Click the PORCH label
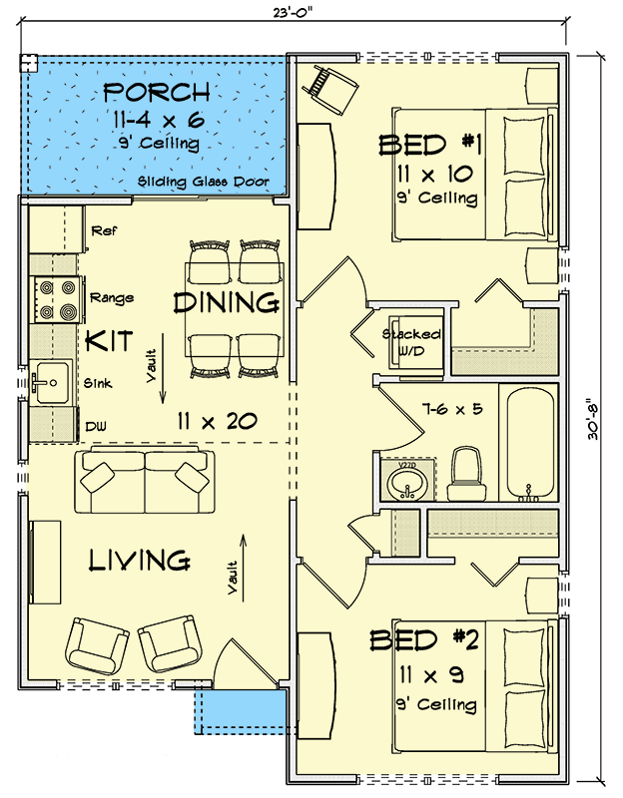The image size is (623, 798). pos(157,94)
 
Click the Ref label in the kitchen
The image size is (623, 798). pos(104,230)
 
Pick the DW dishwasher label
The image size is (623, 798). pos(97,426)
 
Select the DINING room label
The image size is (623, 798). pos(225,301)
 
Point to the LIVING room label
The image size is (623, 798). pos(139,561)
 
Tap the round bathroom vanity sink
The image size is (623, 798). pos(405,485)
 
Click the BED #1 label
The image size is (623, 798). pos(430,146)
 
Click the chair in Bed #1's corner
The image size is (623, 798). pos(334,88)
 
